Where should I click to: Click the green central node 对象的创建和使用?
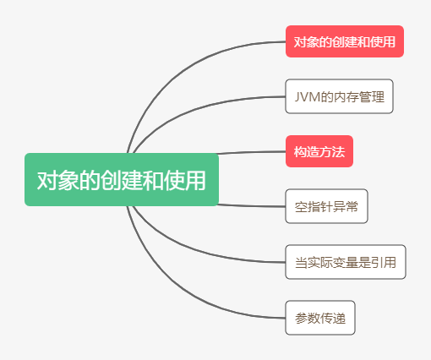click(x=121, y=179)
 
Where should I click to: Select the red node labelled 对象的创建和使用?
click(x=344, y=41)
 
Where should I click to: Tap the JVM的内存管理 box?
click(x=339, y=95)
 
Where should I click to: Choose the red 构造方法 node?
click(x=319, y=151)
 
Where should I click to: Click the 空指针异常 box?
click(x=326, y=206)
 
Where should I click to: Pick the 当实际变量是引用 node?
click(x=345, y=262)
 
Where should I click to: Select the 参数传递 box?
click(x=319, y=318)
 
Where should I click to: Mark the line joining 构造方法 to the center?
click(x=254, y=152)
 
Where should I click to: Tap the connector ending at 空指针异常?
click(x=254, y=205)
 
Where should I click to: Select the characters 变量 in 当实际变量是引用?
click(x=345, y=262)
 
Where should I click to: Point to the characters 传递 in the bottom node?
click(x=334, y=318)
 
